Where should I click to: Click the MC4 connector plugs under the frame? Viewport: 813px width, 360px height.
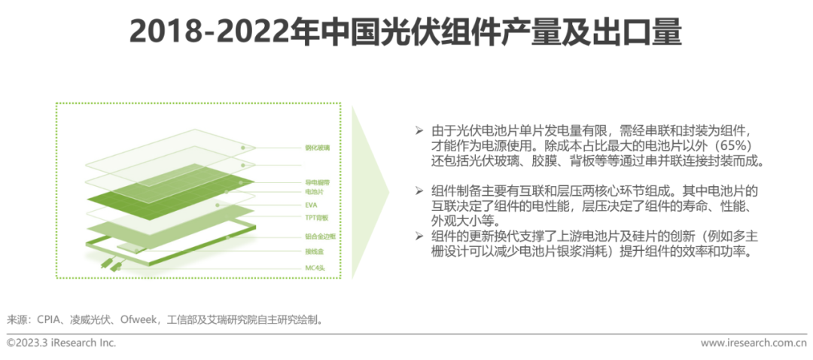[x=114, y=264]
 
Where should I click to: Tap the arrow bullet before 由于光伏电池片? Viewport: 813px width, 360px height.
[x=419, y=130]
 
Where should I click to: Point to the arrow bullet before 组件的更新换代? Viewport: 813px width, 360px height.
[x=419, y=236]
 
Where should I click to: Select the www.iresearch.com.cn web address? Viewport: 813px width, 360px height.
[x=754, y=343]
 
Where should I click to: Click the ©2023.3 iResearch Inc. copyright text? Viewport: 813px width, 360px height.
[x=61, y=343]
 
